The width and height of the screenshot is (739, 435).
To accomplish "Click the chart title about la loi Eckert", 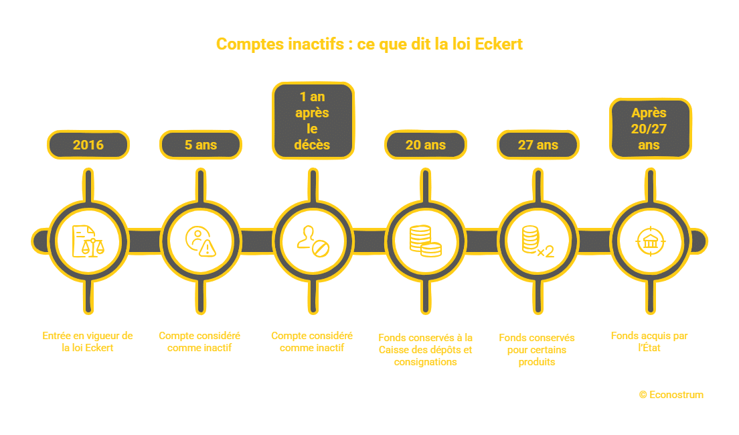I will [369, 44].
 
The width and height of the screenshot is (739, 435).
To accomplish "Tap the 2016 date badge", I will [88, 144].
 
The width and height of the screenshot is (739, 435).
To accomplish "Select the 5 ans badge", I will [201, 144].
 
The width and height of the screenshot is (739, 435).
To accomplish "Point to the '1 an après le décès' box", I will [313, 121].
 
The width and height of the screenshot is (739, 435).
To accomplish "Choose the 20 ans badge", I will [426, 144].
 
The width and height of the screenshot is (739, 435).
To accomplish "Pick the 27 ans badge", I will [538, 144].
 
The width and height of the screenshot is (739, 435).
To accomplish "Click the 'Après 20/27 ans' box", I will [649, 129].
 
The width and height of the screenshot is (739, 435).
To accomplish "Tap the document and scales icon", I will [88, 240].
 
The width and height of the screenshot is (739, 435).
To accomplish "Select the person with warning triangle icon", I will [201, 240].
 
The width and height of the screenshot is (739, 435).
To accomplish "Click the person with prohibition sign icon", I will [313, 240].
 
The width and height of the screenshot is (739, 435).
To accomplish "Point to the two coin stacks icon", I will [426, 240].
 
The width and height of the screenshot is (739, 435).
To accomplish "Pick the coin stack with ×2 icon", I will [538, 240].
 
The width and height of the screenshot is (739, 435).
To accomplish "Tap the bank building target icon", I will [649, 240].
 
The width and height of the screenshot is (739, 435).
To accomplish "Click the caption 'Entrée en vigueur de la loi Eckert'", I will [88, 342].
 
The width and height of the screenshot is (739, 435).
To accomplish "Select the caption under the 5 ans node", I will [199, 342].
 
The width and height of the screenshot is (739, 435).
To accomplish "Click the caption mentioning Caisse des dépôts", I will [426, 350].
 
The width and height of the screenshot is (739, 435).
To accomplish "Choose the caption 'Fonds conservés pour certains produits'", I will [537, 350].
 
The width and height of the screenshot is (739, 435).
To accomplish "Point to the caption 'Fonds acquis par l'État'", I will [649, 342].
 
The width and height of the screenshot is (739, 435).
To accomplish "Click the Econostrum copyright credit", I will [671, 395].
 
